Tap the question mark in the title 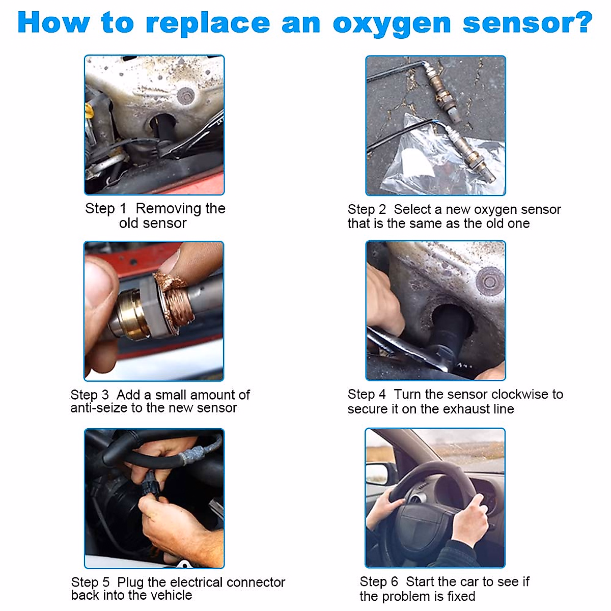click(582, 23)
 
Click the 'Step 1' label click(105, 209)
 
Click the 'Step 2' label click(367, 209)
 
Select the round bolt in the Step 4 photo click(490, 281)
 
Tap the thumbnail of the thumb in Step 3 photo click(99, 277)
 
